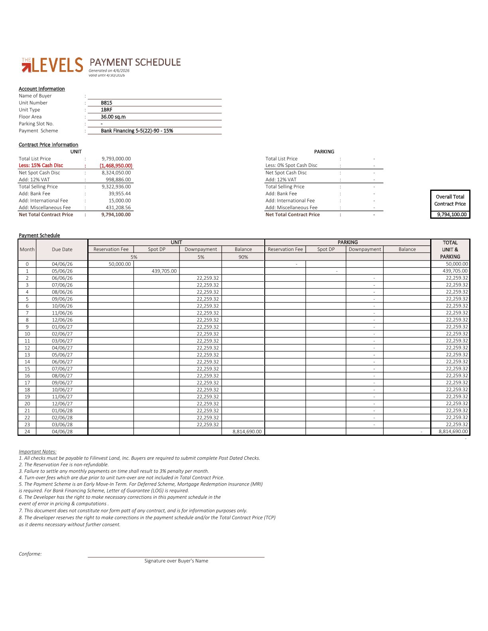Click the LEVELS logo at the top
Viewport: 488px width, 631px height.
pyautogui.click(x=52, y=65)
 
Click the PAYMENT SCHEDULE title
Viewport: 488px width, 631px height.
pyautogui.click(x=135, y=63)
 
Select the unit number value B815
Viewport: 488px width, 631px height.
pyautogui.click(x=106, y=103)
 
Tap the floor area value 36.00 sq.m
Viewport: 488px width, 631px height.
pyautogui.click(x=113, y=117)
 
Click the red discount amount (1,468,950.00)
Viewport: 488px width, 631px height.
pyautogui.click(x=116, y=166)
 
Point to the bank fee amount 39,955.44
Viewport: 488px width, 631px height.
pyautogui.click(x=120, y=194)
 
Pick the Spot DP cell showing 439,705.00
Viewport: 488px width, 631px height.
pyautogui.click(x=164, y=271)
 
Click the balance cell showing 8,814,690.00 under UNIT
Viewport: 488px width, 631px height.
pyautogui.click(x=247, y=431)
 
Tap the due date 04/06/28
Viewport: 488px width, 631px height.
pyautogui.click(x=62, y=431)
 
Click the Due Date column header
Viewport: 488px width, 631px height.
pyautogui.click(x=62, y=249)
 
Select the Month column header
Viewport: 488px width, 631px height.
pyautogui.click(x=27, y=249)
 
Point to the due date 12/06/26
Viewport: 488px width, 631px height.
pyautogui.click(x=62, y=320)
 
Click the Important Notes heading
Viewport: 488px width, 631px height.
pyautogui.click(x=37, y=452)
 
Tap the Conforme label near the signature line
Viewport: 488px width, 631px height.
pyautogui.click(x=30, y=554)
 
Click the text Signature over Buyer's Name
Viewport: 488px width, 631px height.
pyautogui.click(x=176, y=561)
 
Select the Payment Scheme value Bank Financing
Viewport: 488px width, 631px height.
pyautogui.click(x=137, y=131)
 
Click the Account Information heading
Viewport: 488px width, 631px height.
pyautogui.click(x=42, y=89)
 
